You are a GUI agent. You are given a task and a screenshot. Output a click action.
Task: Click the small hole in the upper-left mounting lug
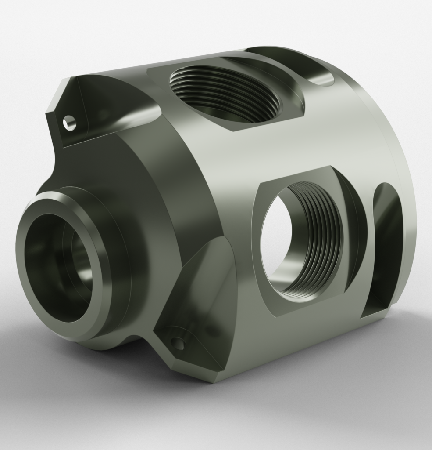(68, 123)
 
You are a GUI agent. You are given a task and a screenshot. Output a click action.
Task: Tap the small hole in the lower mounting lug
(178, 343)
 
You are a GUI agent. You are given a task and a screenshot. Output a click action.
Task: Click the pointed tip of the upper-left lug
(68, 79)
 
